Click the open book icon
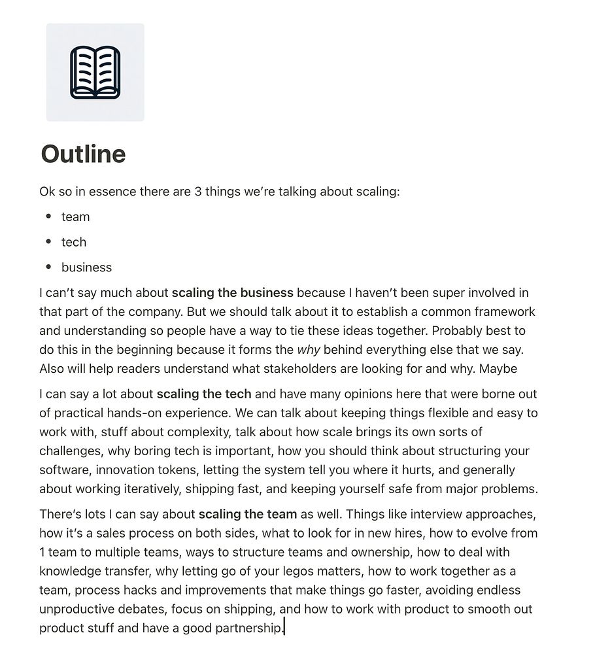pyautogui.click(x=95, y=72)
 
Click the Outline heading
pyautogui.click(x=83, y=154)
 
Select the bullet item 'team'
pyautogui.click(x=75, y=217)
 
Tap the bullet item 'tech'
pyautogui.click(x=74, y=242)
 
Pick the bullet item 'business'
pyautogui.click(x=86, y=267)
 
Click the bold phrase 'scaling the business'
pyautogui.click(x=232, y=293)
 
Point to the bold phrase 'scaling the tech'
pyautogui.click(x=204, y=394)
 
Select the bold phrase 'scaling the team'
pyautogui.click(x=248, y=514)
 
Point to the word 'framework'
pyautogui.click(x=506, y=312)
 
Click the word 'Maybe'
pyautogui.click(x=498, y=369)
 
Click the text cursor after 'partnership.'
pyautogui.click(x=285, y=628)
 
